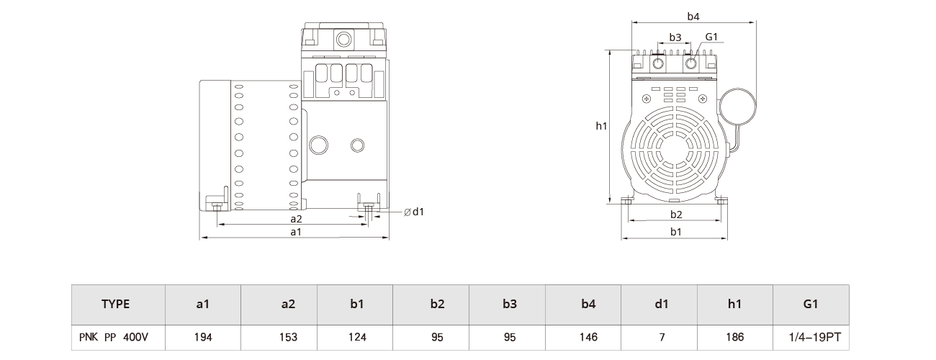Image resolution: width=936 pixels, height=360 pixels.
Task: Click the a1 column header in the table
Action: pyautogui.click(x=202, y=304)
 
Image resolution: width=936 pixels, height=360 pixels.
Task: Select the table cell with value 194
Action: pyautogui.click(x=202, y=337)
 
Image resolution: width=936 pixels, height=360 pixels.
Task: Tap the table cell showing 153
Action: pyautogui.click(x=288, y=337)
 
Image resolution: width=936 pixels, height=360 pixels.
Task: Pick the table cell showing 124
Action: pyautogui.click(x=356, y=337)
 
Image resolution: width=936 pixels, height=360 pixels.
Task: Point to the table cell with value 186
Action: pyautogui.click(x=734, y=337)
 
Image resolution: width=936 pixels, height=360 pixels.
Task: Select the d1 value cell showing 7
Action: pyautogui.click(x=662, y=337)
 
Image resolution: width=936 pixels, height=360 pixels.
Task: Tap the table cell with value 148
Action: pyautogui.click(x=588, y=337)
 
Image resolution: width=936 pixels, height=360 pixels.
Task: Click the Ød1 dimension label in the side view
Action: pyautogui.click(x=414, y=212)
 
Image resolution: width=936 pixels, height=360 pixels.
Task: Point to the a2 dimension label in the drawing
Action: pyautogui.click(x=296, y=218)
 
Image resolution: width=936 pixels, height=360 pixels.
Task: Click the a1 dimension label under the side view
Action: pyautogui.click(x=295, y=232)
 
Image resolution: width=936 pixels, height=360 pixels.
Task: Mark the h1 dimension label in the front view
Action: pyautogui.click(x=601, y=126)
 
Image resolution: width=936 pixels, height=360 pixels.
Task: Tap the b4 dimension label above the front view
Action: pyautogui.click(x=693, y=16)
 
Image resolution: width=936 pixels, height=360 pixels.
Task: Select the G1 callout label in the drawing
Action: pyautogui.click(x=711, y=37)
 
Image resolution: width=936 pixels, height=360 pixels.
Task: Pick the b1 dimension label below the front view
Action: pyautogui.click(x=676, y=232)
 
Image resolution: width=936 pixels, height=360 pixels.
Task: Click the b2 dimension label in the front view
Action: pyautogui.click(x=676, y=215)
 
